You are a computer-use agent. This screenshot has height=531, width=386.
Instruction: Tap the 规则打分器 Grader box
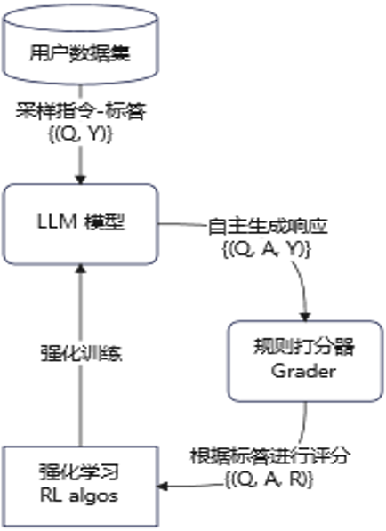coord(304,360)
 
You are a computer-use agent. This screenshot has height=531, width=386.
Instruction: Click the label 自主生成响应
coord(266,226)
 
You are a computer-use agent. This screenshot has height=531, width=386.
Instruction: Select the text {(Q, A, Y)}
coord(266,249)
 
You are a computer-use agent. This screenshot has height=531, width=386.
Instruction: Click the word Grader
coord(304,372)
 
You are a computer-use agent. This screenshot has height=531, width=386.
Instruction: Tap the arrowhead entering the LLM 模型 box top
coord(79,178)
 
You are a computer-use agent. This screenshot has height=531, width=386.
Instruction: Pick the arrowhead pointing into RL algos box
coord(165,485)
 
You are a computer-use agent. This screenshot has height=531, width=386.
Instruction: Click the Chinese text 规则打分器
coord(304,349)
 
